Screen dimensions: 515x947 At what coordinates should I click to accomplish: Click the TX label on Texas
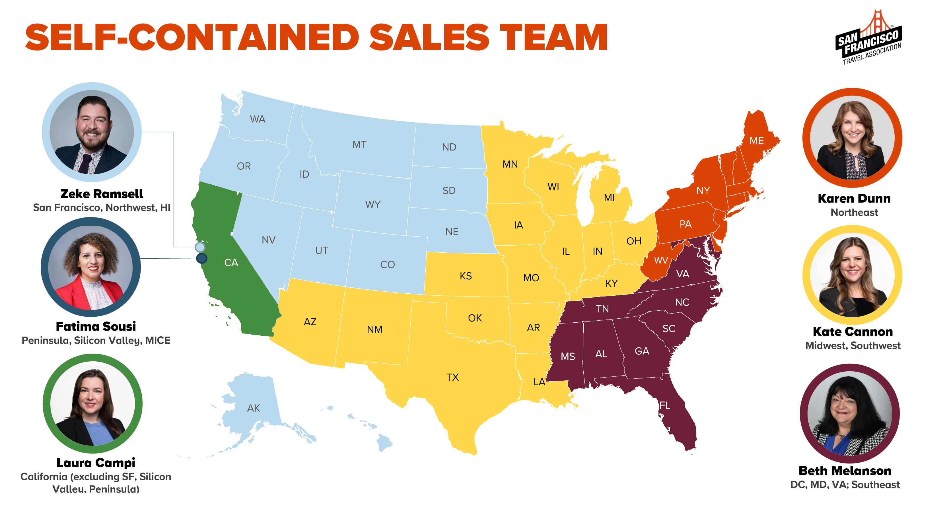click(452, 377)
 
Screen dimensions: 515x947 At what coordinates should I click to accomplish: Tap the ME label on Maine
click(757, 141)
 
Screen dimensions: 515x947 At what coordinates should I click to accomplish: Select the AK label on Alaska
click(253, 408)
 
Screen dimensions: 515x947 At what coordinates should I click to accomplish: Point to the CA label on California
click(231, 262)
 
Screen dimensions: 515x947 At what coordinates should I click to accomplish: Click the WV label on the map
click(661, 261)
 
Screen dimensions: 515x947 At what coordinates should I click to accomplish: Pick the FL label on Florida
click(665, 405)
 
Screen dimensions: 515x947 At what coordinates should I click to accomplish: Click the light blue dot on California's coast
click(200, 247)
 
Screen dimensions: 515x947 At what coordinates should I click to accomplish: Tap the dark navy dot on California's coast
click(201, 258)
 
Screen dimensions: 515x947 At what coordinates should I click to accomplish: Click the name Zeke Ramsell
click(102, 194)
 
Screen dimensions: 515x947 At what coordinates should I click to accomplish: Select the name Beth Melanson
click(845, 471)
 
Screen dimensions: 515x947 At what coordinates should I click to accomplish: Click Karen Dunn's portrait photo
click(852, 138)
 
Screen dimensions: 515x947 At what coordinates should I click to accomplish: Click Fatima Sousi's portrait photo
click(91, 267)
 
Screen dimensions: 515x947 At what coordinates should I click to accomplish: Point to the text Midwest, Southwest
click(853, 345)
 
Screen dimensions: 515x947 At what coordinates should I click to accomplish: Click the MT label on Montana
click(359, 145)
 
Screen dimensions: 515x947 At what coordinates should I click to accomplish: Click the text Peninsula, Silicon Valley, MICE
click(96, 340)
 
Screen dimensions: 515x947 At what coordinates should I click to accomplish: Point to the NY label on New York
click(703, 190)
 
